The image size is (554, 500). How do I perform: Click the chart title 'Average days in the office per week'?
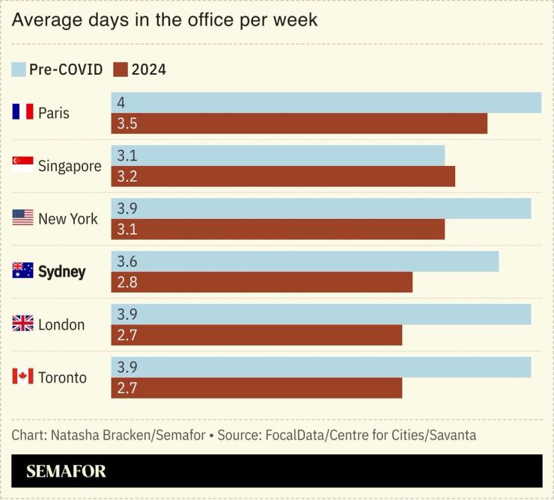point(165,20)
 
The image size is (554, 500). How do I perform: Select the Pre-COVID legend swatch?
point(19,70)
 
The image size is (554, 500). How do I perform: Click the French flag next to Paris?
point(23,113)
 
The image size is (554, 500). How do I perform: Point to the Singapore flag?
point(23,165)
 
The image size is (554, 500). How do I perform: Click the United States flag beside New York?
point(23,218)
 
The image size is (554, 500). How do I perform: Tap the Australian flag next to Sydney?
point(23,271)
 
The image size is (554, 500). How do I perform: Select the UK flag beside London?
point(23,324)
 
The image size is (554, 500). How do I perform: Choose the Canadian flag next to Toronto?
point(23,377)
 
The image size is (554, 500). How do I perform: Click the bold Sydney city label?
point(61,272)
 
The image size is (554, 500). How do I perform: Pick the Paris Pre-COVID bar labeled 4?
point(326,103)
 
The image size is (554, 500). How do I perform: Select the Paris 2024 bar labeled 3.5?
point(299,124)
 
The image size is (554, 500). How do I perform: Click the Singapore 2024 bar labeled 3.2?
point(283,176)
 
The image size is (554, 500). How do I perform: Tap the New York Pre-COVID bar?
point(320,209)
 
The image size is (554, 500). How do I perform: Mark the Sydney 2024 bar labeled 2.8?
point(262,283)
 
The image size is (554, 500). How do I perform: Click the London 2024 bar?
point(257,336)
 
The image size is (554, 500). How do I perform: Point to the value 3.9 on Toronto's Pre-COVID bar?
point(127,368)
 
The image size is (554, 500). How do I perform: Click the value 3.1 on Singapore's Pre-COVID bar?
point(127,156)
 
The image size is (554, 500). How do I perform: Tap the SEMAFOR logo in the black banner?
point(66,472)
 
